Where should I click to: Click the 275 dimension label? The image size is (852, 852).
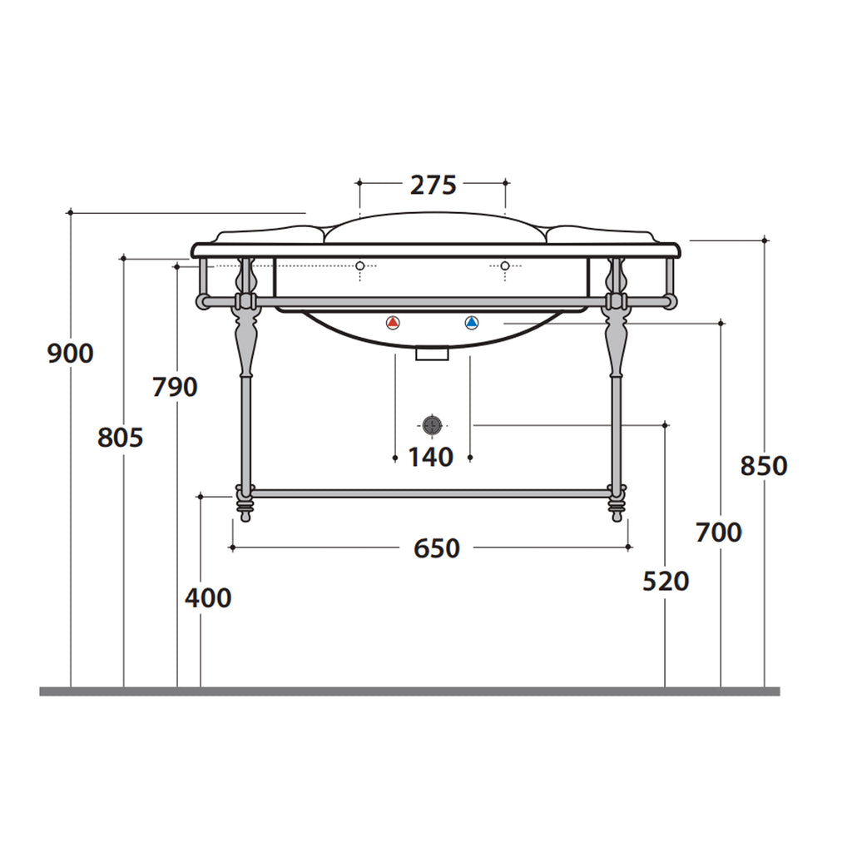point(433,185)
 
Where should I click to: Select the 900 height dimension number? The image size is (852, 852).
point(70,354)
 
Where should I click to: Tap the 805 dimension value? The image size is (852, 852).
point(120,437)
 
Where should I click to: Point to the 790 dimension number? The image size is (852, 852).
point(175,387)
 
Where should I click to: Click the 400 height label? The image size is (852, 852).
point(208,597)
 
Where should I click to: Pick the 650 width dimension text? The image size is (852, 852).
point(436,548)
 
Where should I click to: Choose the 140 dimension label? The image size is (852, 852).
point(430,457)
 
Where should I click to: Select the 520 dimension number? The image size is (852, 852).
point(666,582)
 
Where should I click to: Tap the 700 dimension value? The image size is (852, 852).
point(719,532)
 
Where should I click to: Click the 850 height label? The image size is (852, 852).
point(764,466)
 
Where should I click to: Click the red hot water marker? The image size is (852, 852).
point(394,323)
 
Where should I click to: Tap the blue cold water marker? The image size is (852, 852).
point(472,323)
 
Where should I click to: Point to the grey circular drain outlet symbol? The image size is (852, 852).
point(431,425)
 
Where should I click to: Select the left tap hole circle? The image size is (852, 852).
point(359,265)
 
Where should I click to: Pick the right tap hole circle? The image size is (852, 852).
point(504,265)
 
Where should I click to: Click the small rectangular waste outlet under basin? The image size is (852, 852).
point(432,354)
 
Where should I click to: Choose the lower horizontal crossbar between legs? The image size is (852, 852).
point(431,493)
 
